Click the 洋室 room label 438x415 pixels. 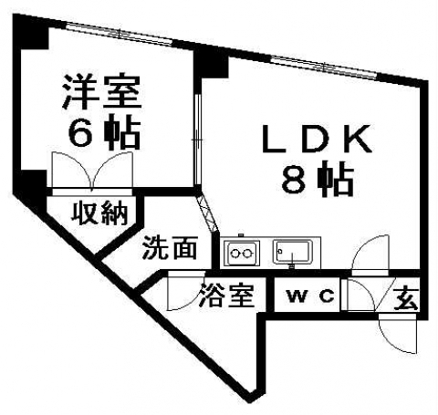tap(102, 91)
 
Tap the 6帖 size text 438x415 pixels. tap(104, 132)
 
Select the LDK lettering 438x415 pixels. tap(317, 139)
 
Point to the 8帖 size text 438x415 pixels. tap(318, 179)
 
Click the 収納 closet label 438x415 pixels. tap(99, 213)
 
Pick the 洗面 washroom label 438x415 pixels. tap(170, 247)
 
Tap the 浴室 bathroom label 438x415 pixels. tap(227, 296)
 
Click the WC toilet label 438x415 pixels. tap(311, 296)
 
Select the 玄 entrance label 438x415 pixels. tap(406, 298)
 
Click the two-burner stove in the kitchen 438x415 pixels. tap(242, 253)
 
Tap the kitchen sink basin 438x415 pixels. tap(292, 252)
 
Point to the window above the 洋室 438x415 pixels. tap(120, 34)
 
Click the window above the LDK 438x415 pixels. tap(324, 67)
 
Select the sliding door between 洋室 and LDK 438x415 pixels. tap(198, 140)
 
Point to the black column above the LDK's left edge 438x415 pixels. tap(211, 63)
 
